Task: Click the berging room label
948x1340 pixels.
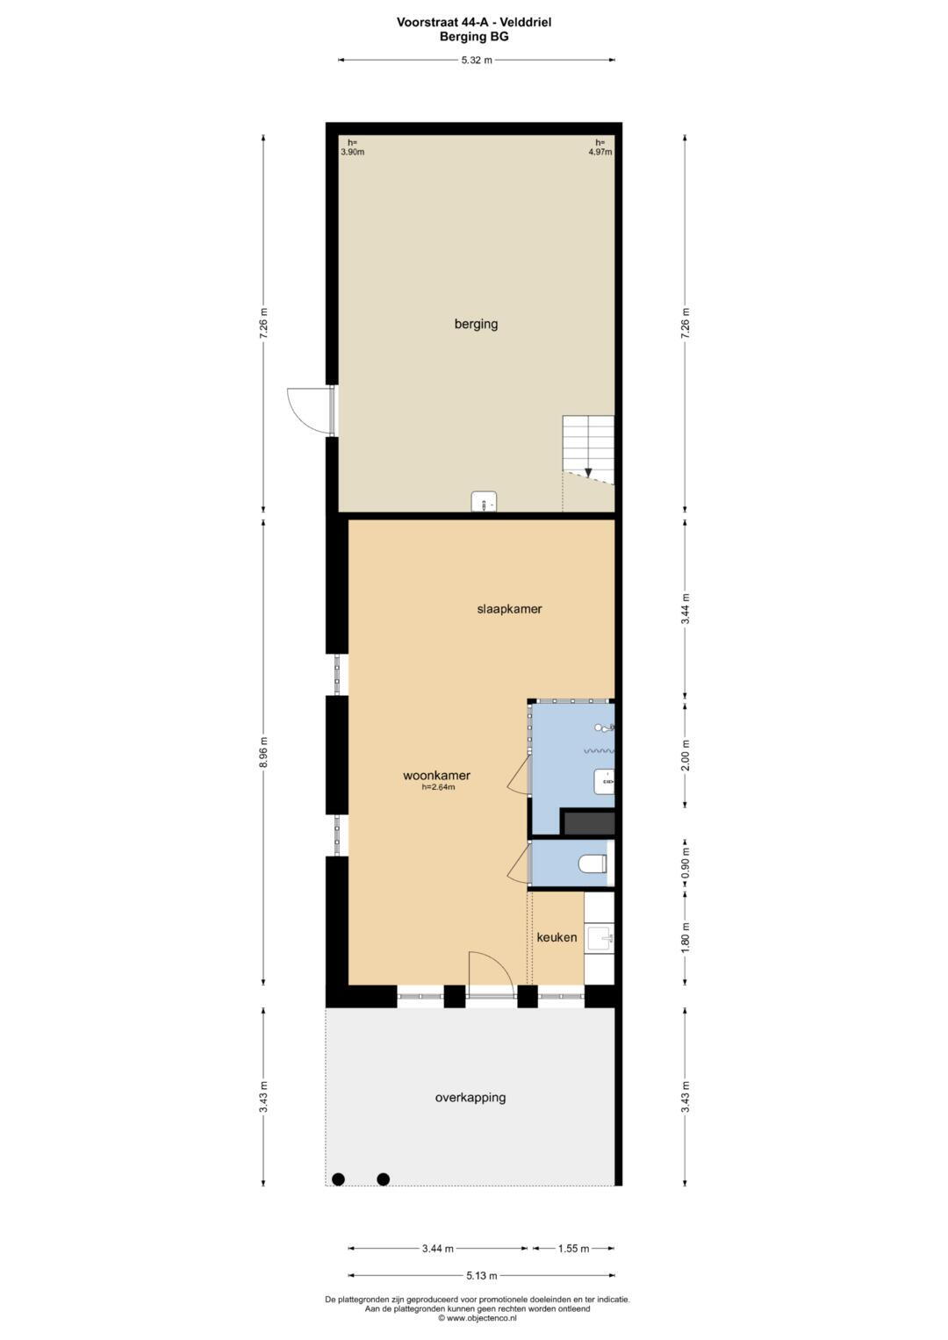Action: pyautogui.click(x=476, y=324)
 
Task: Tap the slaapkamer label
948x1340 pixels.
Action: pyautogui.click(x=509, y=609)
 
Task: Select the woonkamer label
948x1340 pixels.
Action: pyautogui.click(x=436, y=775)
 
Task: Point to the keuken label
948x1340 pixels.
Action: pyautogui.click(x=557, y=937)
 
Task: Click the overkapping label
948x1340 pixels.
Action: pyautogui.click(x=470, y=1098)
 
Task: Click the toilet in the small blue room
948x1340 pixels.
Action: pyautogui.click(x=593, y=863)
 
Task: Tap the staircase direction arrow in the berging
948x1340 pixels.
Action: pyautogui.click(x=589, y=472)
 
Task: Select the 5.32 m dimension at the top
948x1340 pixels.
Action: pyautogui.click(x=477, y=60)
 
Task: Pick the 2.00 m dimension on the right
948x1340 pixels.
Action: pyautogui.click(x=686, y=755)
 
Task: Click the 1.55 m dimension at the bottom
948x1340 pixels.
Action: pyautogui.click(x=573, y=1249)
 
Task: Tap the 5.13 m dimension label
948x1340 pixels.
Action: pyautogui.click(x=482, y=1275)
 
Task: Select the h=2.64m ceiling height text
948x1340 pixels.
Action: pyautogui.click(x=438, y=787)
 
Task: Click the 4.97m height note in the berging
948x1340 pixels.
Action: pyautogui.click(x=600, y=152)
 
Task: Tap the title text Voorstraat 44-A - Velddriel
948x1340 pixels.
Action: pyautogui.click(x=474, y=22)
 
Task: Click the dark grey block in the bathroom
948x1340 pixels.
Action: pyautogui.click(x=590, y=823)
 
